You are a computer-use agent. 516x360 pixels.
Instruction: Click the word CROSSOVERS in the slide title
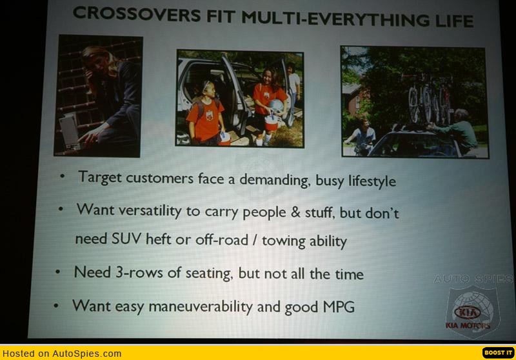coord(137,14)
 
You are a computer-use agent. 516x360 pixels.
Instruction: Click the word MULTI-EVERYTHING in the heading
coord(335,19)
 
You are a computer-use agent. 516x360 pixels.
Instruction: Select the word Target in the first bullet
coord(100,177)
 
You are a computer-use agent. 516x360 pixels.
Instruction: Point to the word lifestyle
coord(372,181)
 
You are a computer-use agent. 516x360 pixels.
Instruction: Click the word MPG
coord(339,306)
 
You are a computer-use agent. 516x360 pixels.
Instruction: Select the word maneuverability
coord(201,306)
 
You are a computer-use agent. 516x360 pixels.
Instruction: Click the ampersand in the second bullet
coord(295,212)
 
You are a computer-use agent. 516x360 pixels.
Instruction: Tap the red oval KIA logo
coord(467,312)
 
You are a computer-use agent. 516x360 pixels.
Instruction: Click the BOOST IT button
coord(498,352)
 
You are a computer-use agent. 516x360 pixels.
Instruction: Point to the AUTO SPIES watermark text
coord(473,279)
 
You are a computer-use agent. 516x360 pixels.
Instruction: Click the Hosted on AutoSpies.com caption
coord(62,354)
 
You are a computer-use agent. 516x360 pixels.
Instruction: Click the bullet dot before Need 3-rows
coord(58,272)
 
